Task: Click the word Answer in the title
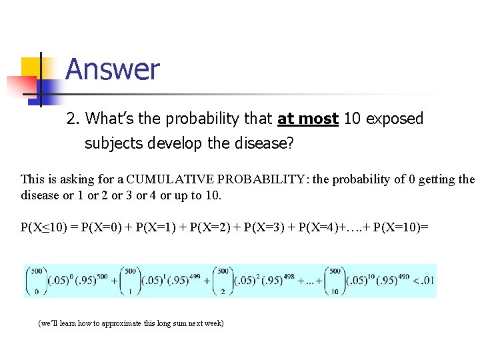click(112, 69)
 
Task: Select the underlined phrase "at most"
click(308, 119)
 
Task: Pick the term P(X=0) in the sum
click(97, 227)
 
